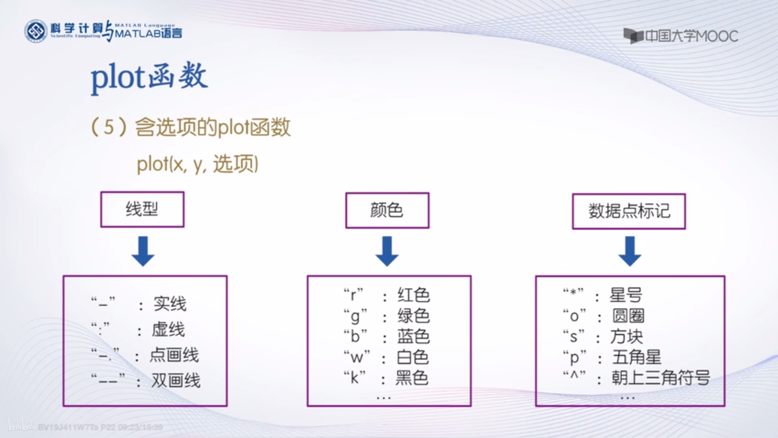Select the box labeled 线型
pyautogui.click(x=142, y=209)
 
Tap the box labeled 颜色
pyautogui.click(x=387, y=210)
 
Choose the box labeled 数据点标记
pyautogui.click(x=629, y=211)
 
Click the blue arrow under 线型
pyautogui.click(x=143, y=251)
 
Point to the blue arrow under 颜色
pyautogui.click(x=387, y=251)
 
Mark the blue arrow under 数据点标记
pyautogui.click(x=629, y=251)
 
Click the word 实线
pyautogui.click(x=170, y=304)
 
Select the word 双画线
pyautogui.click(x=176, y=380)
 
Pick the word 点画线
pyautogui.click(x=174, y=355)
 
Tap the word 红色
pyautogui.click(x=413, y=295)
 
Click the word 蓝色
pyautogui.click(x=413, y=337)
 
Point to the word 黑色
pyautogui.click(x=412, y=378)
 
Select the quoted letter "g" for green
pyautogui.click(x=355, y=316)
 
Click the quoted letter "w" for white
pyautogui.click(x=356, y=357)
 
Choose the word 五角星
pyautogui.click(x=636, y=357)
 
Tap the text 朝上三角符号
pyautogui.click(x=660, y=378)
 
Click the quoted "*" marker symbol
pyautogui.click(x=573, y=294)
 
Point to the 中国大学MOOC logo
pyautogui.click(x=680, y=36)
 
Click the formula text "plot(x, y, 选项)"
pyautogui.click(x=198, y=164)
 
